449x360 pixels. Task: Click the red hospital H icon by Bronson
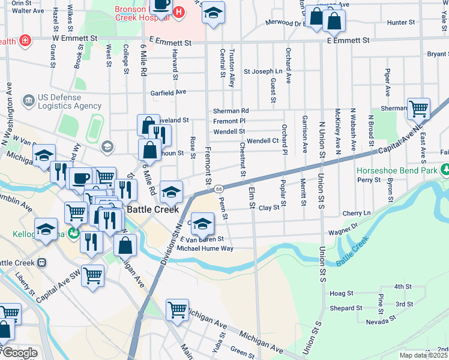tap(178, 12)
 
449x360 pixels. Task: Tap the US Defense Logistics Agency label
tap(61, 101)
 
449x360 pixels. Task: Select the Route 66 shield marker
tap(220, 188)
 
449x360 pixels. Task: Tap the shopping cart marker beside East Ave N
tap(418, 109)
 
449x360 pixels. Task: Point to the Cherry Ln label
tap(357, 213)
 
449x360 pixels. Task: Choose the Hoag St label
tap(340, 293)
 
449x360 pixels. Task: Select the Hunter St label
tap(401, 22)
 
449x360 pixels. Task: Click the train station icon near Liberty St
tap(41, 263)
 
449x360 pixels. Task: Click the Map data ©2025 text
tap(424, 355)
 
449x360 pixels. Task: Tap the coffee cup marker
tap(80, 178)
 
